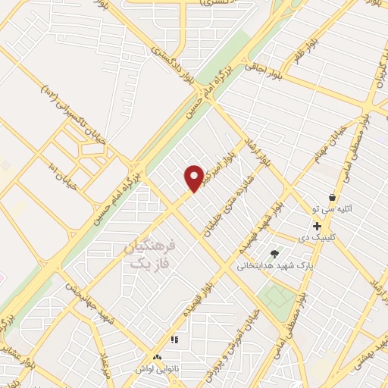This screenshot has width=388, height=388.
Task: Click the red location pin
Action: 195,177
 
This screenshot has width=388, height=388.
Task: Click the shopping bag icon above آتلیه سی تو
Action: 332,197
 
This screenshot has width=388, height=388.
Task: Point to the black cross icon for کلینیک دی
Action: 317,226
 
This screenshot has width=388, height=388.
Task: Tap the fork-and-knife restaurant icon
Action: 174,340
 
